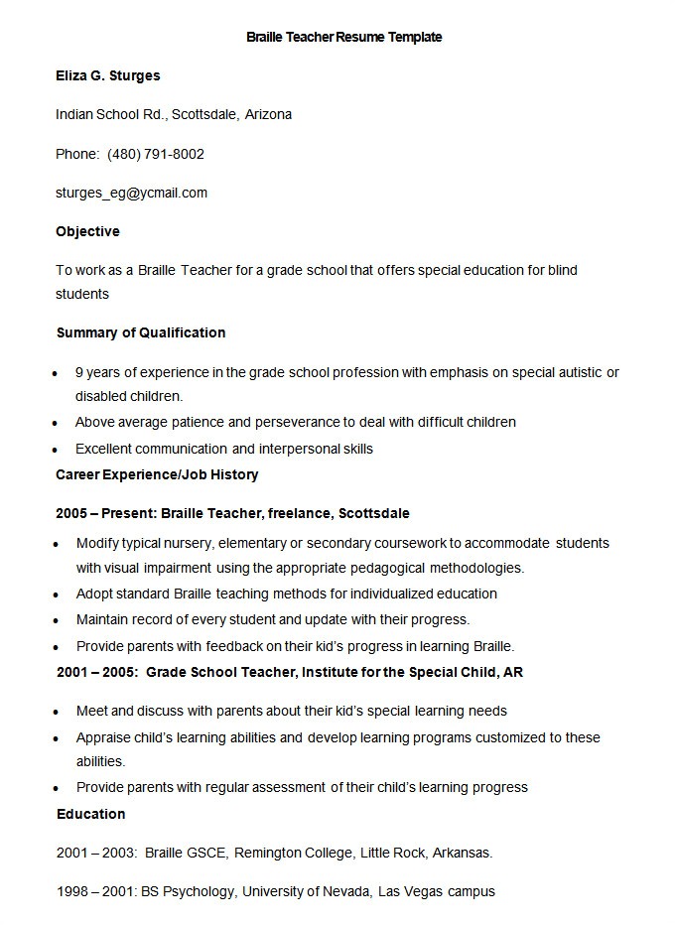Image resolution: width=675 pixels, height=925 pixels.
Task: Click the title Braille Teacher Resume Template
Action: click(343, 37)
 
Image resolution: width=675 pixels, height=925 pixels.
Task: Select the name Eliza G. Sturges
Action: click(108, 75)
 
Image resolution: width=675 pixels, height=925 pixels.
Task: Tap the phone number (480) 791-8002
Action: click(156, 154)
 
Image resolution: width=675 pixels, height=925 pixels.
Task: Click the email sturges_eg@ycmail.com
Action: click(132, 193)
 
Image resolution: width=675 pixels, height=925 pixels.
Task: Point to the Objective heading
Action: click(87, 231)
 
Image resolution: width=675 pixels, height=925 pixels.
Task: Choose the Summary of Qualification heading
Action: click(141, 332)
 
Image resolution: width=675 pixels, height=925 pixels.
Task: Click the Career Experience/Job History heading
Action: click(157, 474)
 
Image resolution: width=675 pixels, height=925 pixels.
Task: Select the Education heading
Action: click(90, 814)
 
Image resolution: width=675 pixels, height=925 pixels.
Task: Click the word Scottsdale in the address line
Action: click(204, 114)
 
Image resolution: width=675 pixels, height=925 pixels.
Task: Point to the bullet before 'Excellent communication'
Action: click(57, 450)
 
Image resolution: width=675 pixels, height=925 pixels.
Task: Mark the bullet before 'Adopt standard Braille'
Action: click(57, 595)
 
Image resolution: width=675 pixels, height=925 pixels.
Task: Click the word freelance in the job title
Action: click(301, 513)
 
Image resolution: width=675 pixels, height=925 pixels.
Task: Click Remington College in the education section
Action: click(294, 853)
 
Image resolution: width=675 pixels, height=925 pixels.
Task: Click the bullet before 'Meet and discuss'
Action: click(57, 712)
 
